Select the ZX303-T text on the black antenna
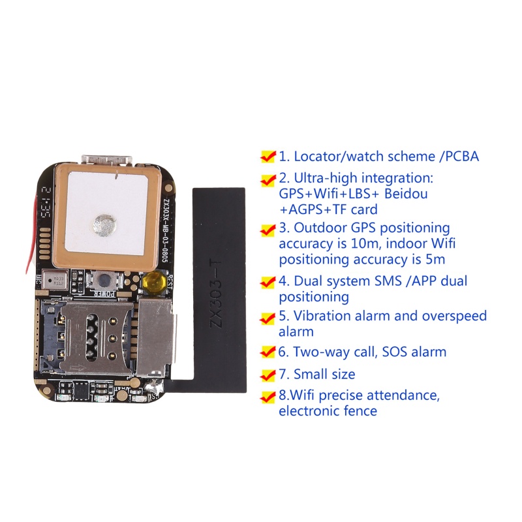click(221, 294)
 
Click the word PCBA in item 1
click(461, 157)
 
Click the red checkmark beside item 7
click(268, 375)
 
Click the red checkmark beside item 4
click(268, 283)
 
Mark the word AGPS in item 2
click(303, 209)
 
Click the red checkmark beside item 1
click(268, 157)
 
